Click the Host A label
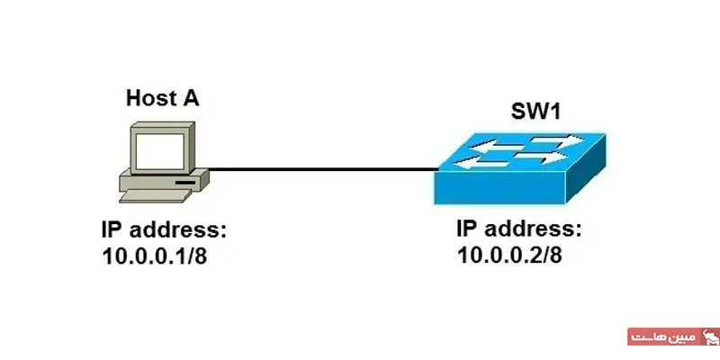[x=163, y=98]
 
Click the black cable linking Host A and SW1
[x=315, y=168]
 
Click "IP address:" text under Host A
[x=164, y=229]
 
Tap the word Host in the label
[x=149, y=98]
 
